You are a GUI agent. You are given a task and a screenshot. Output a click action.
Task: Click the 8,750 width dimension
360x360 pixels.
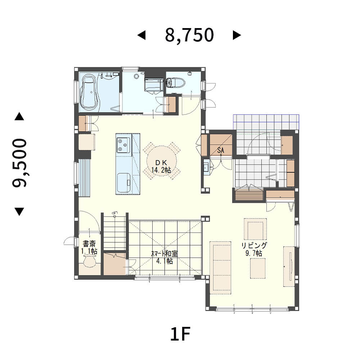coord(189,35)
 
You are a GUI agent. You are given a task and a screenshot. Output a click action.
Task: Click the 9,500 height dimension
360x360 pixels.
coord(19,163)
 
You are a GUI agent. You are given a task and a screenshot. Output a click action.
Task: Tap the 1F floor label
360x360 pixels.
coord(180,334)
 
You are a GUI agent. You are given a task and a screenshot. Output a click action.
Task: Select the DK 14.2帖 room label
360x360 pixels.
coord(161,166)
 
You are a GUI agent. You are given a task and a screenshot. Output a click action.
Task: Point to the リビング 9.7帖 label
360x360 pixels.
coord(254,249)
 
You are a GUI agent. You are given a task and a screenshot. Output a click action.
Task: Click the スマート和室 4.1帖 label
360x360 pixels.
coord(165,257)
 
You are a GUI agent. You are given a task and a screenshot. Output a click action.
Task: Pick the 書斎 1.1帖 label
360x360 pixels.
coord(89,247)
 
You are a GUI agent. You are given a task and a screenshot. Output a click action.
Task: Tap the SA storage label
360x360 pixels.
coord(220,150)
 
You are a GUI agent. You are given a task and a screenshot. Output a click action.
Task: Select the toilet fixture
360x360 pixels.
coord(175,83)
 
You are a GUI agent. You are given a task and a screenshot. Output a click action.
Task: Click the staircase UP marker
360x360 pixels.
coord(114,214)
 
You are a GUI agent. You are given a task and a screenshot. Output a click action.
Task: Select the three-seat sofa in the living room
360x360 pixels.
coord(220,268)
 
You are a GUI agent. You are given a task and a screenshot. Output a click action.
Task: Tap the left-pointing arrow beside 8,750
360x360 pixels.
coord(141,35)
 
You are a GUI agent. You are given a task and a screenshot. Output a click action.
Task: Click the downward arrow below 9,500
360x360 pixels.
coord(19,212)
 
